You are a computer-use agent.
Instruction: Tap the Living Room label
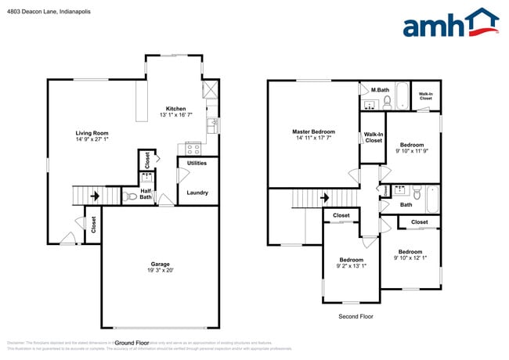point(92,133)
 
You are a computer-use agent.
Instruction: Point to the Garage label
point(160,264)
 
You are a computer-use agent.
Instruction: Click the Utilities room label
point(197,163)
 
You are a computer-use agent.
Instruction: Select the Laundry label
point(197,193)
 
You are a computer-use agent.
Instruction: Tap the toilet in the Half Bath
point(131,197)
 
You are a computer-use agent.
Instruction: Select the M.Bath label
point(380,90)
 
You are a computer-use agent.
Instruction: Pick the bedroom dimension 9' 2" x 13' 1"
point(351,266)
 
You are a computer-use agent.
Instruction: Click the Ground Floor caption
point(132,343)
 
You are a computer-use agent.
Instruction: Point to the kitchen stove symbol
point(193,147)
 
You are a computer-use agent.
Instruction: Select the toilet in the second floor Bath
point(417,192)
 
